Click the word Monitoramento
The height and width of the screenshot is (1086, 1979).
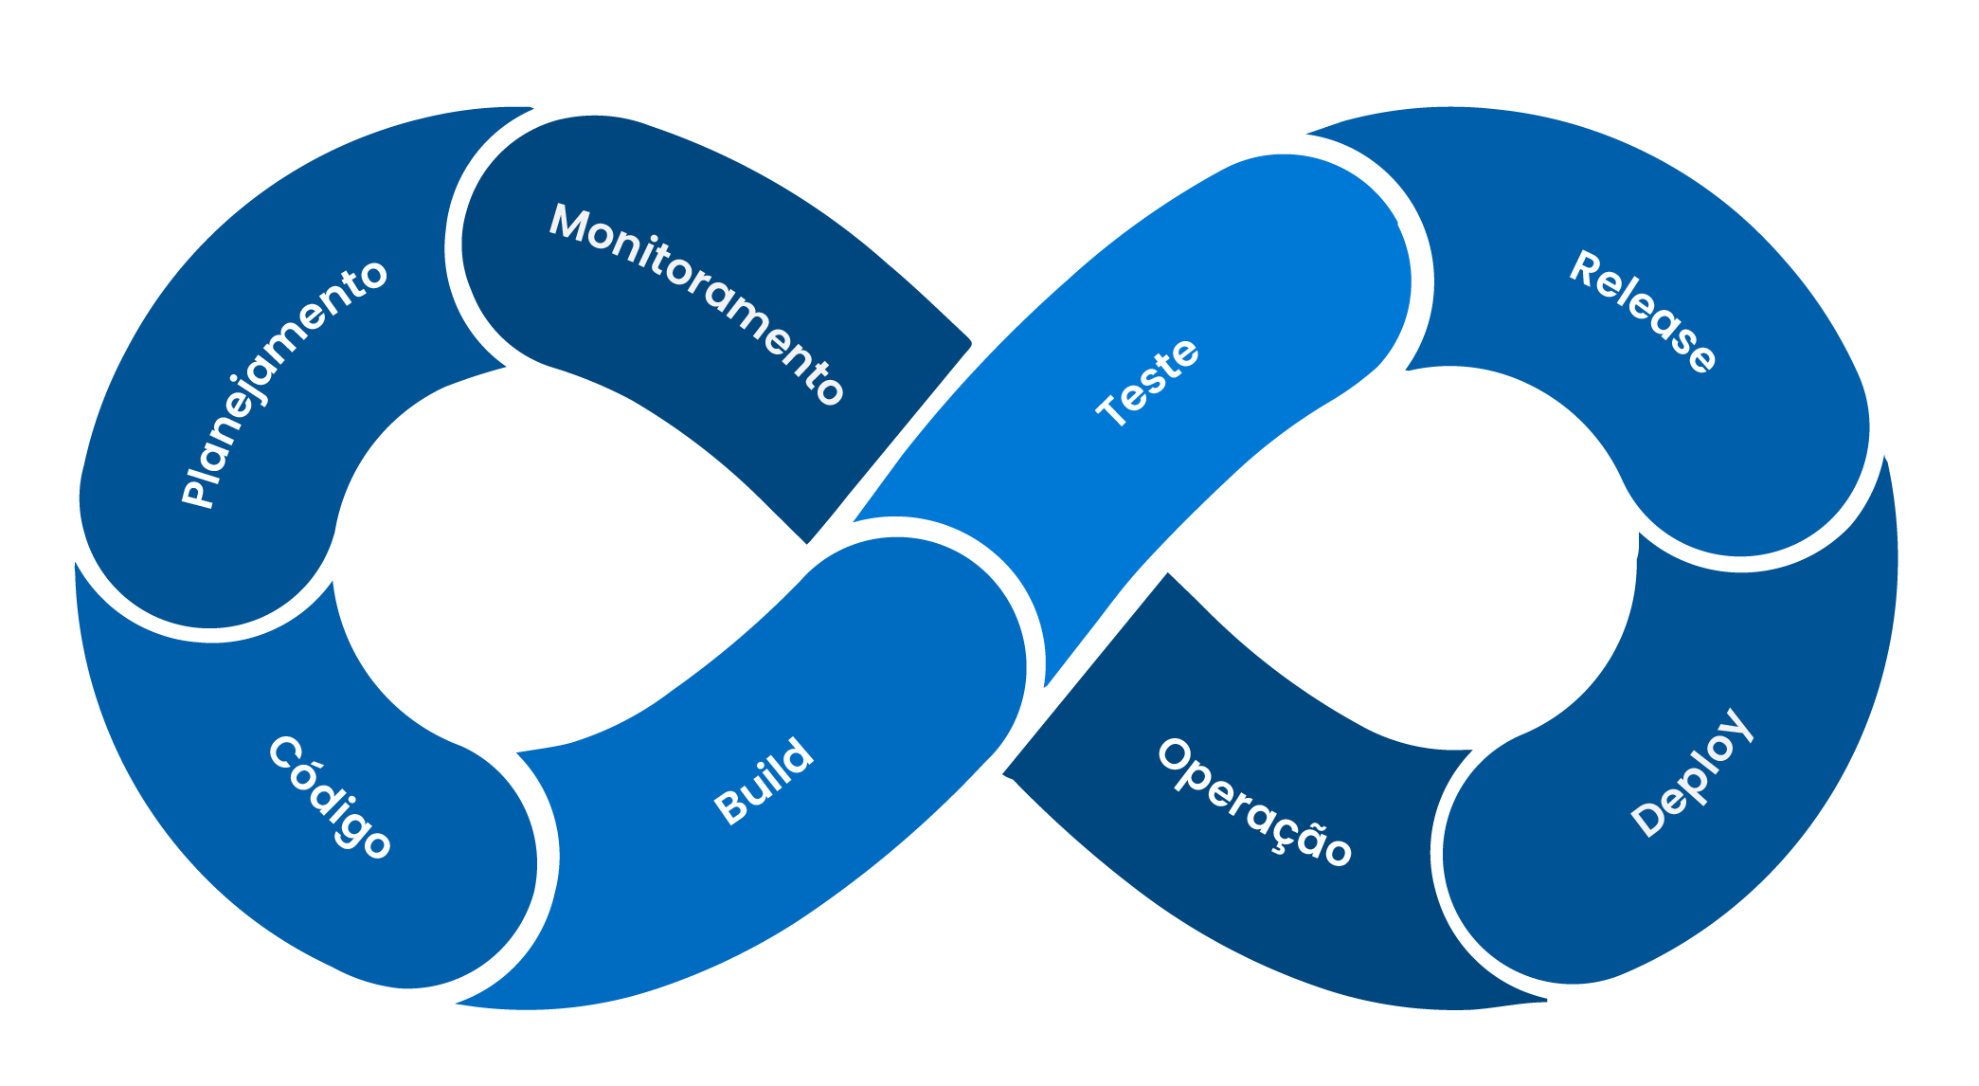[696, 302]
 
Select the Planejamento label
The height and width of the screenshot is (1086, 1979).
[283, 383]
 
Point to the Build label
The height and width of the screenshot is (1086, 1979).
[764, 781]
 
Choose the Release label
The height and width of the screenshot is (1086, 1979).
[1643, 312]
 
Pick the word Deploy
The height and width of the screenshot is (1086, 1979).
[1692, 772]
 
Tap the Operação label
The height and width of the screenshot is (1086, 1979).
[1254, 802]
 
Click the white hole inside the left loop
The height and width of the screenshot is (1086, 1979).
[559, 559]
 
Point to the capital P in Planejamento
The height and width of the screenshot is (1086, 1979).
[198, 492]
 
